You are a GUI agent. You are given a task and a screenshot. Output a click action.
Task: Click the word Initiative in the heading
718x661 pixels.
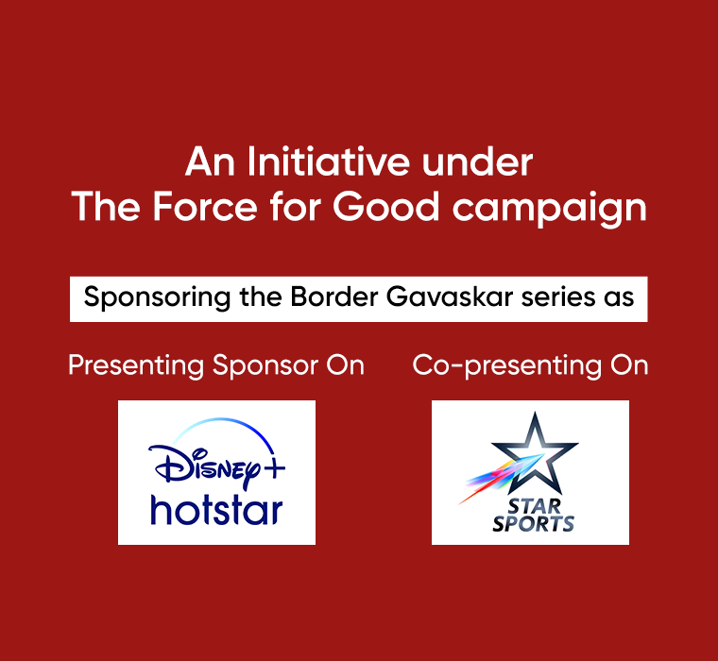(x=329, y=161)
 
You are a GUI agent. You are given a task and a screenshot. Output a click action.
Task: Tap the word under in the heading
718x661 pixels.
(x=477, y=161)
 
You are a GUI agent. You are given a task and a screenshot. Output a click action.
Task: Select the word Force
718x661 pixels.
(x=205, y=207)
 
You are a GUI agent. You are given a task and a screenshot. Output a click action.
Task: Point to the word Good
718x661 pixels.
(x=386, y=207)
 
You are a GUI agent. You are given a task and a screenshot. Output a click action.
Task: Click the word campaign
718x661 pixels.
(x=550, y=210)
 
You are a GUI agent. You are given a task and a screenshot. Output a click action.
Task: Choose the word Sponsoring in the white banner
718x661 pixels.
(x=157, y=298)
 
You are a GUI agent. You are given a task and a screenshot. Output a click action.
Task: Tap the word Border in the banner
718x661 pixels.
(x=334, y=297)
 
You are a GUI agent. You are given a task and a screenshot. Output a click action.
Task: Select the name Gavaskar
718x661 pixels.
(x=449, y=297)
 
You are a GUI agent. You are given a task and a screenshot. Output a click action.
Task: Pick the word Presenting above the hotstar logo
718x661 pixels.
(x=136, y=366)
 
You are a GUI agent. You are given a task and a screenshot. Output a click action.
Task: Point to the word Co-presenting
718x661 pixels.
(x=507, y=366)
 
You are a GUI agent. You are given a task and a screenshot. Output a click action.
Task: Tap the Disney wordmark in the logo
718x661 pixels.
(x=205, y=466)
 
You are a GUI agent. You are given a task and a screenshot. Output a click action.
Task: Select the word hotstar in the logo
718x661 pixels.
(x=216, y=510)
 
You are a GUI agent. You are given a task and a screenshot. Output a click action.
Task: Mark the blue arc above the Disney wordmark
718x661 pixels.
(x=225, y=421)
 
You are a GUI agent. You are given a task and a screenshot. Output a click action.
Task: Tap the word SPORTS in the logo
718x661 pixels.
(x=533, y=524)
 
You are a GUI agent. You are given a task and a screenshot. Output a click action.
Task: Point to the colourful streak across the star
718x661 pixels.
(x=502, y=480)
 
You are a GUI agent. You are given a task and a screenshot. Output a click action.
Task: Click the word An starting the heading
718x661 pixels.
(x=210, y=161)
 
